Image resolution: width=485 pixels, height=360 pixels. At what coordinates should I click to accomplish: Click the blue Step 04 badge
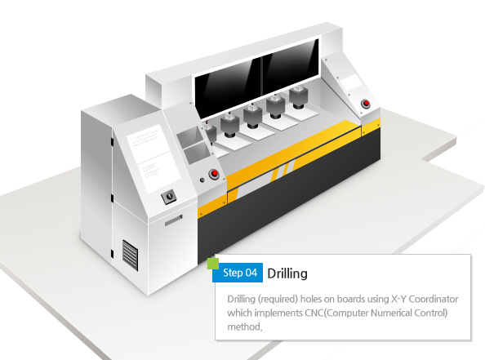[x=238, y=273]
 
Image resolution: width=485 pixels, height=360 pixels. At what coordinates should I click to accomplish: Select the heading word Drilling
[x=287, y=273]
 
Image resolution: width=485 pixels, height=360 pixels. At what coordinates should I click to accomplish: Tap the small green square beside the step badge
[x=213, y=264]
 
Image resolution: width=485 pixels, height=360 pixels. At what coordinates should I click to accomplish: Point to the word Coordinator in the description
[x=434, y=299]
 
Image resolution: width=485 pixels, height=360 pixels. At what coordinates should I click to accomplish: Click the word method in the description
[x=245, y=327]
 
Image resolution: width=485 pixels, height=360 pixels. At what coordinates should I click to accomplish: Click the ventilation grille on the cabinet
[x=130, y=256]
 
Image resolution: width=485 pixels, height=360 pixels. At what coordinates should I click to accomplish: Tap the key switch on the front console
[x=169, y=196]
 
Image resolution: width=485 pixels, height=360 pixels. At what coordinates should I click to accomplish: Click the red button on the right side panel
[x=366, y=104]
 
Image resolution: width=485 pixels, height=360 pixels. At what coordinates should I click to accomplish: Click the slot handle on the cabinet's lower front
[x=173, y=220]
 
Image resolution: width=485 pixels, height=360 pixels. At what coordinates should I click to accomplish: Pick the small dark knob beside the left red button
[x=202, y=180]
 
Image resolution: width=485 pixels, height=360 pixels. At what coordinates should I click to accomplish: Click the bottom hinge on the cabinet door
[x=112, y=254]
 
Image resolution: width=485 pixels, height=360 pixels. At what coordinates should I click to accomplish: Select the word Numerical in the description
[x=391, y=313]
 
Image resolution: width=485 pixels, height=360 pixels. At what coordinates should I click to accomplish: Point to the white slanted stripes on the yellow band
[x=283, y=171]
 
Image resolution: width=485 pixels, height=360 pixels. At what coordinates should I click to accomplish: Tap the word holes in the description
[x=311, y=299]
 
